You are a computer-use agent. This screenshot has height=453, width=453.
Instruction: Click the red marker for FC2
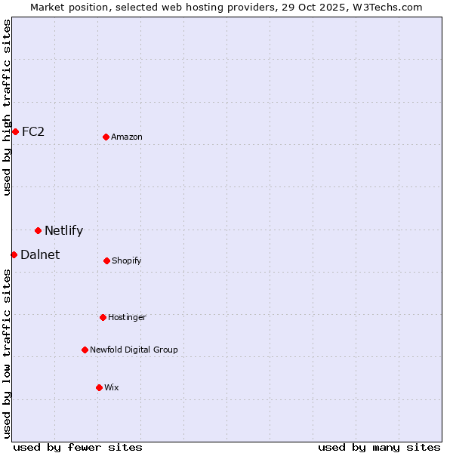click(x=15, y=131)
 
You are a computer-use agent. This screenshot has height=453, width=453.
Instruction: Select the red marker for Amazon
click(x=106, y=137)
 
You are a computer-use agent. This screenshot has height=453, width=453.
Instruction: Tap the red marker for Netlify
click(x=38, y=230)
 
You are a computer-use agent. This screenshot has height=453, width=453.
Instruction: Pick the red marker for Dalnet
click(x=14, y=254)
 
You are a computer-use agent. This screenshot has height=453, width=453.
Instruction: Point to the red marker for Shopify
click(x=106, y=260)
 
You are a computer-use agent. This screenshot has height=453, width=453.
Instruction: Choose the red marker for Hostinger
click(x=103, y=317)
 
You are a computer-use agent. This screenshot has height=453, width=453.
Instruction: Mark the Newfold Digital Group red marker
click(x=85, y=350)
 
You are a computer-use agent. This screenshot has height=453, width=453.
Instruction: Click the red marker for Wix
click(x=99, y=387)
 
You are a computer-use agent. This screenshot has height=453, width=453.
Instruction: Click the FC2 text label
click(x=33, y=131)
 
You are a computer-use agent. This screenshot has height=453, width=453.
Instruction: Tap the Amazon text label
click(x=127, y=137)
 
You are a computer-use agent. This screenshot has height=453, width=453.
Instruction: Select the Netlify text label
click(x=63, y=230)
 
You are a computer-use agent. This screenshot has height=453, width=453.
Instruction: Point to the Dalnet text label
click(x=40, y=254)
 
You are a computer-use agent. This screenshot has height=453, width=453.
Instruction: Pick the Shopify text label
click(x=127, y=260)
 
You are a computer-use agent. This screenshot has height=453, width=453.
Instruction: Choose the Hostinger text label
click(x=127, y=317)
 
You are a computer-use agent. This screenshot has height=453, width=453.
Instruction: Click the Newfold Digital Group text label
click(x=134, y=350)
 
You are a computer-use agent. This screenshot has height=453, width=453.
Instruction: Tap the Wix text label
click(x=112, y=387)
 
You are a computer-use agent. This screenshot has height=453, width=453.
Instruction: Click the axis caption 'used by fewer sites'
click(x=78, y=447)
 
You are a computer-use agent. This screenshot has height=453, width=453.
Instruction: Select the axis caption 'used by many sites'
click(x=379, y=447)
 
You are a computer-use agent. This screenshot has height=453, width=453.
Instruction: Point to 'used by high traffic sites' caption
click(x=7, y=107)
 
